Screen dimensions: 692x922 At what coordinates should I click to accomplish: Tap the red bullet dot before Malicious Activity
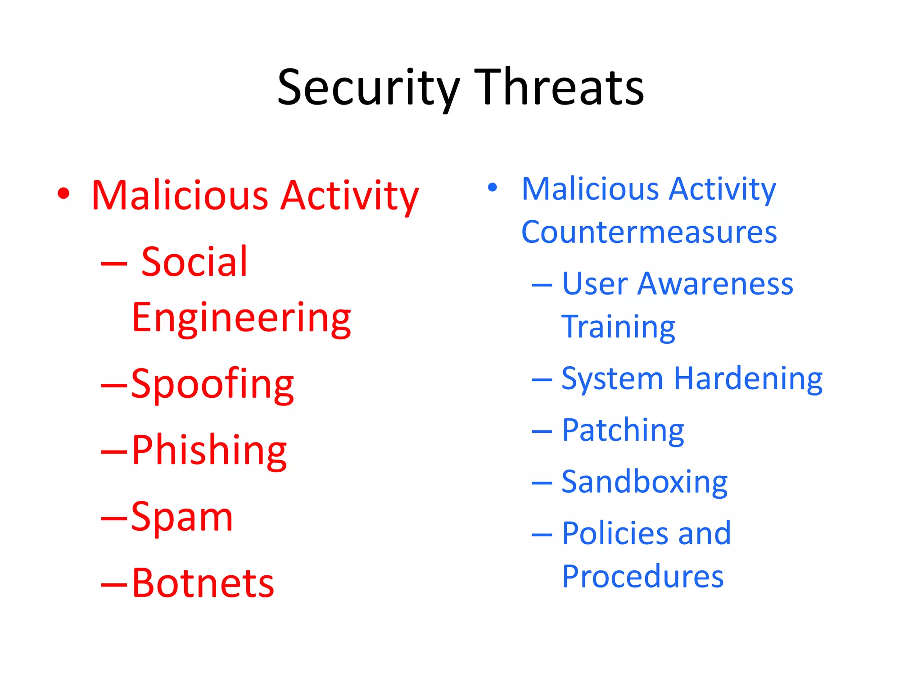coord(64,194)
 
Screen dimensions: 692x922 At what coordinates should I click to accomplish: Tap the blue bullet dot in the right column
coord(493,187)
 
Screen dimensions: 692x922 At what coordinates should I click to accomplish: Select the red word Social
coord(194,262)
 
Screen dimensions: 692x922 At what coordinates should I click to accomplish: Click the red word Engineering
coord(241,319)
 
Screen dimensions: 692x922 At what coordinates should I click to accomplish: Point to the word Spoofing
coord(212,384)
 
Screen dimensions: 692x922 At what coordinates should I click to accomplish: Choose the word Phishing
coord(209,451)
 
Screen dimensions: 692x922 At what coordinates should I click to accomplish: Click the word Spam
coord(182,517)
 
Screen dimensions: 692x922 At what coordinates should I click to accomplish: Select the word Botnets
coord(203,583)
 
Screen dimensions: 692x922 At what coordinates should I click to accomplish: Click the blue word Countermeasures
coord(649,232)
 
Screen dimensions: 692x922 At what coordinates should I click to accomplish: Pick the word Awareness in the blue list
coord(715,284)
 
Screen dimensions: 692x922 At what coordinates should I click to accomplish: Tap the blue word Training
coord(618,327)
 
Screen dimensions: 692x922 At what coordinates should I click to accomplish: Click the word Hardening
coord(748,379)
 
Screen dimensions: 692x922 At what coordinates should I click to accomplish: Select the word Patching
coord(623,431)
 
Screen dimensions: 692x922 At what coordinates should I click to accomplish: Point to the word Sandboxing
coord(644,482)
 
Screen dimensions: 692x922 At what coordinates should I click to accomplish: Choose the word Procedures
coord(643,576)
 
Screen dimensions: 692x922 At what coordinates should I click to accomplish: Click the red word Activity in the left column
coord(349,196)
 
